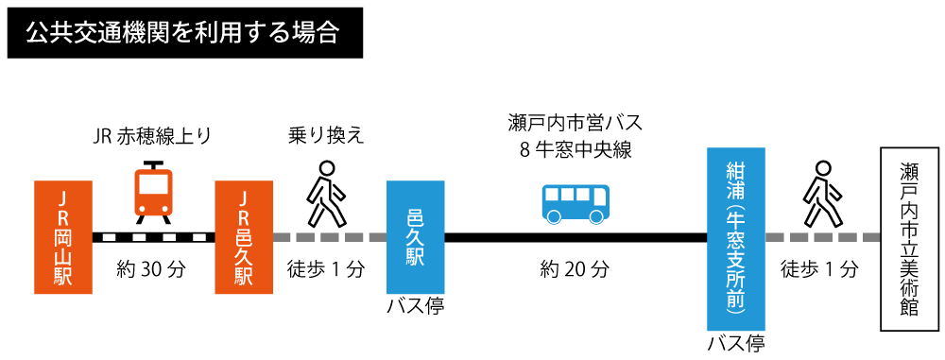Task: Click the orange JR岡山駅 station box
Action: pos(63,237)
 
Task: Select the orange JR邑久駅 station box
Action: pos(244,237)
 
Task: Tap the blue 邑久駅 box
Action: pos(416,237)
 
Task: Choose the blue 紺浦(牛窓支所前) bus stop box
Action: pos(736,239)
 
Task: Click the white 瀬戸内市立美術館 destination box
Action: pos(909,239)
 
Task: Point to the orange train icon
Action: pos(153,193)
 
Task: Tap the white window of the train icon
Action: pos(153,184)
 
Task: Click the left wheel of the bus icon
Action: pos(555,216)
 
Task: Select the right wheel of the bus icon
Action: pos(596,216)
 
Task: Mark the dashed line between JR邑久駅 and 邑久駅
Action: pos(330,237)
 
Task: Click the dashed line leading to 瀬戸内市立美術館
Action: pos(823,237)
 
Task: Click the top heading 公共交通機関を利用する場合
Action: pos(182,33)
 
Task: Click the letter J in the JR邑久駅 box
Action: pos(244,198)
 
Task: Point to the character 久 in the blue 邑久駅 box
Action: pos(416,237)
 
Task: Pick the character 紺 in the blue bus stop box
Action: pos(736,172)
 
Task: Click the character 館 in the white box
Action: pos(909,307)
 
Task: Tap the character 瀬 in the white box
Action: pos(909,173)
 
